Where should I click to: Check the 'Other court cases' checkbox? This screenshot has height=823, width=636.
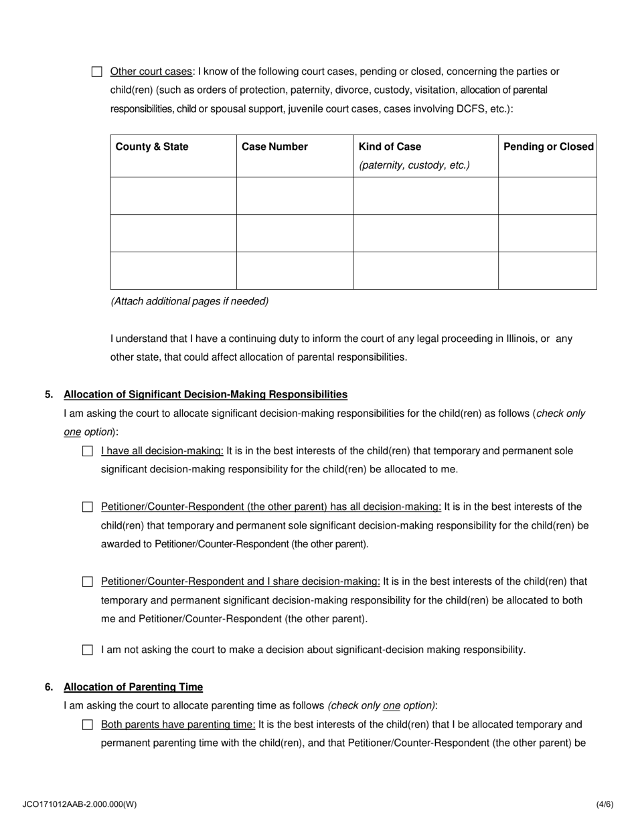[96, 72]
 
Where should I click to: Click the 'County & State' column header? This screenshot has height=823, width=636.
[152, 147]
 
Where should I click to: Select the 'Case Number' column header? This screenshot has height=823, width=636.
[274, 147]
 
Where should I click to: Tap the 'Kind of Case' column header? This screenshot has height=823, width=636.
[390, 147]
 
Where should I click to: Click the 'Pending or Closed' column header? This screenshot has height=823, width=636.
[548, 147]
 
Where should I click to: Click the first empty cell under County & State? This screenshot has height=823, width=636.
[173, 195]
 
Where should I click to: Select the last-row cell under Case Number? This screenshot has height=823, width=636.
[295, 270]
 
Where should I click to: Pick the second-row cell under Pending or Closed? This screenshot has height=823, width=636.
[547, 233]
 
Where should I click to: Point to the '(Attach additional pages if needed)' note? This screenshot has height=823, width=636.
[189, 301]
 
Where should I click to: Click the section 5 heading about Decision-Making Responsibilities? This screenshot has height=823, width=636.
[206, 394]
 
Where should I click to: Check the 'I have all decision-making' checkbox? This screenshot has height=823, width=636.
[88, 451]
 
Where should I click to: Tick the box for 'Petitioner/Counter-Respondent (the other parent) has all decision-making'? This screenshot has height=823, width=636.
[88, 507]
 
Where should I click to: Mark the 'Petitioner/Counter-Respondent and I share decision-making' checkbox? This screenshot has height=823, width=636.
[88, 582]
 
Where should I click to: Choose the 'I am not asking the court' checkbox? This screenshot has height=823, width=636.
[88, 650]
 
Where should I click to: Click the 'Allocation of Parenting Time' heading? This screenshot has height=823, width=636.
[133, 687]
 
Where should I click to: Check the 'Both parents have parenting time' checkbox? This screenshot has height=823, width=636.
[88, 725]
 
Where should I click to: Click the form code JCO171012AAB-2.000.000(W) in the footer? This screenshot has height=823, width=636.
[79, 804]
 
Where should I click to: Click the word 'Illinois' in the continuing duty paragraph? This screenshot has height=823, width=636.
[516, 339]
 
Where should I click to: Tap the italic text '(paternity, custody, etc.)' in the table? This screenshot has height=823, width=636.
[414, 165]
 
